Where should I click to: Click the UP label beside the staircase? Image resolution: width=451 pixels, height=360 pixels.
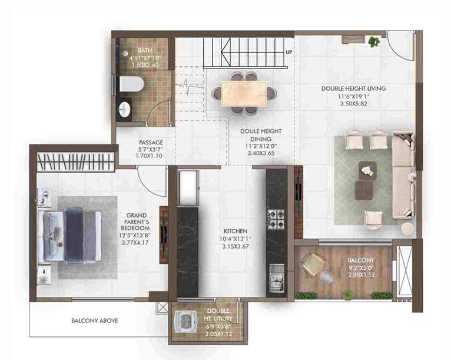(288, 52)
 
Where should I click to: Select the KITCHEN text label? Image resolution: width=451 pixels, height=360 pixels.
(236, 231)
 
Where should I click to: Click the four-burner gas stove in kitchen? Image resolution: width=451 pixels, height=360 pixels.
(276, 219)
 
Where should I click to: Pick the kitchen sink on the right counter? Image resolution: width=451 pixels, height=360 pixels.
(276, 275)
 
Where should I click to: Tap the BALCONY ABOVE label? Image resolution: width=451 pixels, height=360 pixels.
(95, 321)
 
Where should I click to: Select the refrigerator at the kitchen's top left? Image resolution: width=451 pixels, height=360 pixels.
(188, 188)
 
